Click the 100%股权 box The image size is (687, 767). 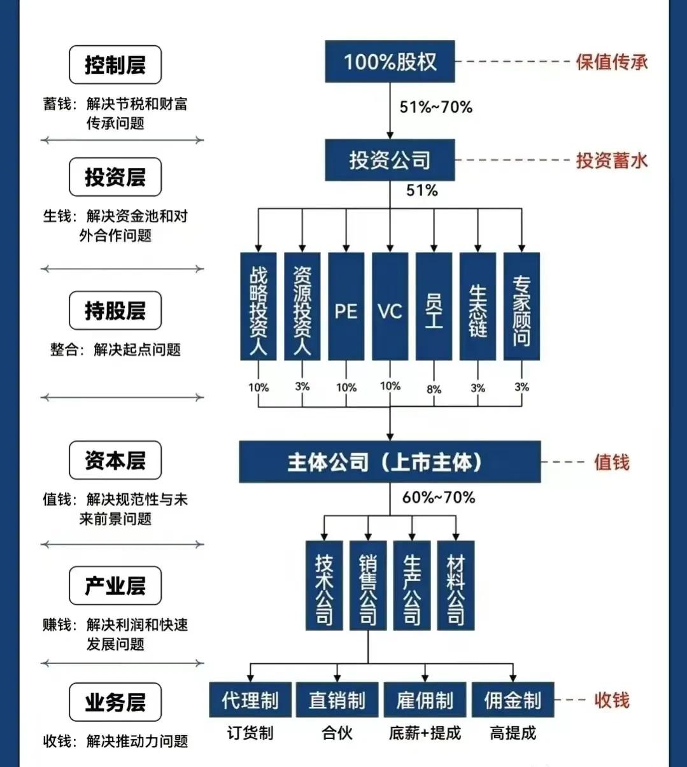pos(390,61)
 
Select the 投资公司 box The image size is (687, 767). pos(390,160)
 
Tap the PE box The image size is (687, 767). pos(346,306)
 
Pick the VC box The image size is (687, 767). pos(390,306)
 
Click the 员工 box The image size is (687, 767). pos(434,306)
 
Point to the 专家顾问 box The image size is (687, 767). pos(521,306)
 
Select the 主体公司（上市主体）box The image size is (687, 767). pos(390,462)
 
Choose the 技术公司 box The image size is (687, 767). pos(324,586)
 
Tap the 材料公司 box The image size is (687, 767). pos(456,586)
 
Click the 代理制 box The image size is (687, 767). pos(250,700)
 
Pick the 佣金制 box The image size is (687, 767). pos(513,700)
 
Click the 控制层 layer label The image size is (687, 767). pos(115,65)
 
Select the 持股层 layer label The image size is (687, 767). pos(115,311)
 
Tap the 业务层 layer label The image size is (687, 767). pos(115,702)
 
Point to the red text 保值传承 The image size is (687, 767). pos(612,62)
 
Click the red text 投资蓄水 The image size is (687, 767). pos(612,161)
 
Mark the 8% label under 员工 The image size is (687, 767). pos(434,389)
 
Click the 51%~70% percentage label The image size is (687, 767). pos(436,107)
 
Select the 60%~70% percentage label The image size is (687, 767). pos(439,498)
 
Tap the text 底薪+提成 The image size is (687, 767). pos(425,733)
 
